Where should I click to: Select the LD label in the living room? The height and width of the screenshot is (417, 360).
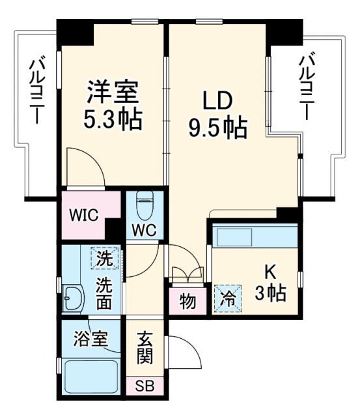pyautogui.click(x=217, y=101)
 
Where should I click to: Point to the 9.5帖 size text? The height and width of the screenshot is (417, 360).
pyautogui.click(x=217, y=128)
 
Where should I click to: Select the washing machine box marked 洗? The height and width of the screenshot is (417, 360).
pyautogui.click(x=102, y=259)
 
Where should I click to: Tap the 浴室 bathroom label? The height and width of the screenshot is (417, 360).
pyautogui.click(x=90, y=340)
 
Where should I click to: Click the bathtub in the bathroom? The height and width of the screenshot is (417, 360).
pyautogui.click(x=91, y=377)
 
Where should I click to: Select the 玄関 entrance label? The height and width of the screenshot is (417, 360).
pyautogui.click(x=145, y=348)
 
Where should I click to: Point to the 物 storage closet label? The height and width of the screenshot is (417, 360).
pyautogui.click(x=187, y=302)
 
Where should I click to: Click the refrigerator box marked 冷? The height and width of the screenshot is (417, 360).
pyautogui.click(x=227, y=298)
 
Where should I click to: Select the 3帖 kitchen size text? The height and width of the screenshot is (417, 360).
pyautogui.click(x=270, y=293)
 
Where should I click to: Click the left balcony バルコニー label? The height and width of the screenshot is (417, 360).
pyautogui.click(x=36, y=91)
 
